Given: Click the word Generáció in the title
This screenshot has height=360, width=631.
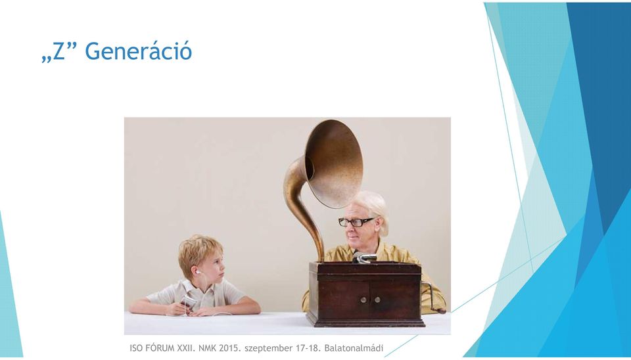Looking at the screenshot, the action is tap(138, 51).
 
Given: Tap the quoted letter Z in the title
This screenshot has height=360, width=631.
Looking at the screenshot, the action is tap(58, 51).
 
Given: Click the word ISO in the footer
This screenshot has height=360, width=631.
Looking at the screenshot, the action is tap(136, 348).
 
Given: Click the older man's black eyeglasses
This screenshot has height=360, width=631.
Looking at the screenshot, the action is tap(356, 221).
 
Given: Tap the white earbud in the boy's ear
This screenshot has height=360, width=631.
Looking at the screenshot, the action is tap(198, 273).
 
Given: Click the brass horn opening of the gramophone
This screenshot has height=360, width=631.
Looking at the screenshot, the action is tap(335, 164).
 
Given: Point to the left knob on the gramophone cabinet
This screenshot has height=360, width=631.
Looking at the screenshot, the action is tap(363, 300).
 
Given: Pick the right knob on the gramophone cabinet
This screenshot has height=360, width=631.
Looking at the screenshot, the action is tap(377, 300).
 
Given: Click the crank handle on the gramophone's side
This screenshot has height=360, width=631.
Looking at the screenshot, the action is tap(433, 298).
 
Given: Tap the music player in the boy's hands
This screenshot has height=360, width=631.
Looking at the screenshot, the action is tap(187, 302).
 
